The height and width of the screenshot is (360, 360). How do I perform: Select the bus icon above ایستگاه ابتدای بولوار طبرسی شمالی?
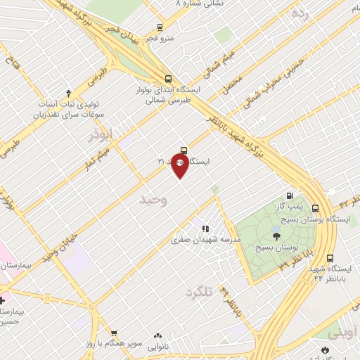167,79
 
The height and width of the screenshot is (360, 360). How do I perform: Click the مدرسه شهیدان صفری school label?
206,239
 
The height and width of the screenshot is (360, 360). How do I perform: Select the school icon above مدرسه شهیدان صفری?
205,228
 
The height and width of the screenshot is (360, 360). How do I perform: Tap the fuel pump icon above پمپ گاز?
289,195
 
